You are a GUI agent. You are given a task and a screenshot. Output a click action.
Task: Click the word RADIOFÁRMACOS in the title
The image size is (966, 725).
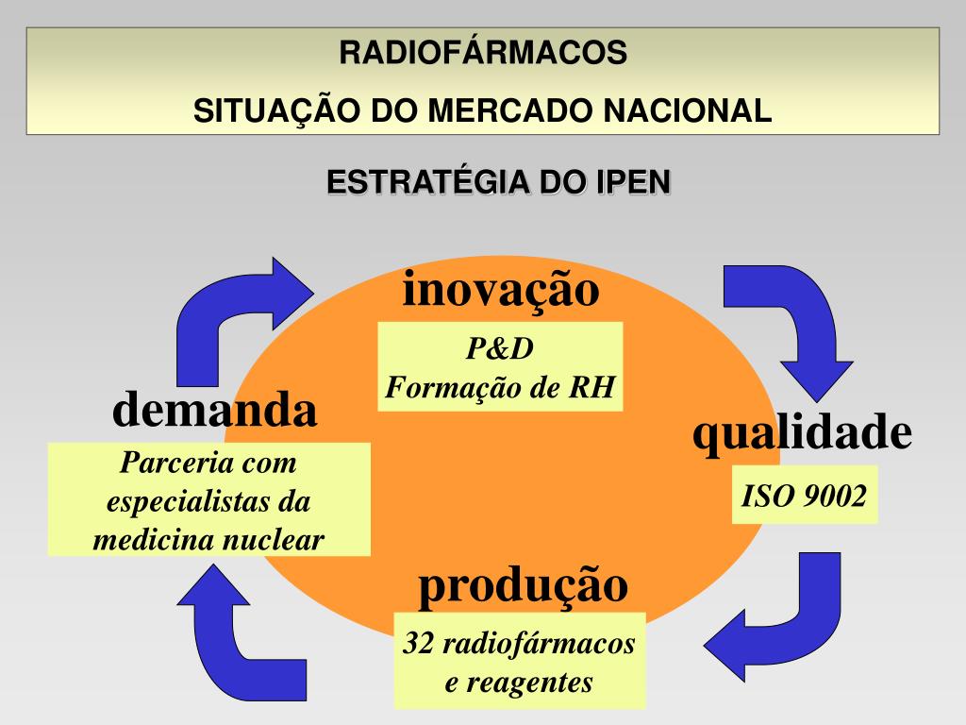pos(483,53)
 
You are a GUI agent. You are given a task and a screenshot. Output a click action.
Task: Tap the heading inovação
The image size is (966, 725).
pos(501,289)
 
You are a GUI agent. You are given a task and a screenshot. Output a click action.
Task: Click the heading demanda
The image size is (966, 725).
pos(215,411)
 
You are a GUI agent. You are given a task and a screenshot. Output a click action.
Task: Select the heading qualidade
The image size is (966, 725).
pos(803,432)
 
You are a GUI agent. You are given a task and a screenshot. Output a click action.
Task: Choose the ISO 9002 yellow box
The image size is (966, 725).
pos(805,495)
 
